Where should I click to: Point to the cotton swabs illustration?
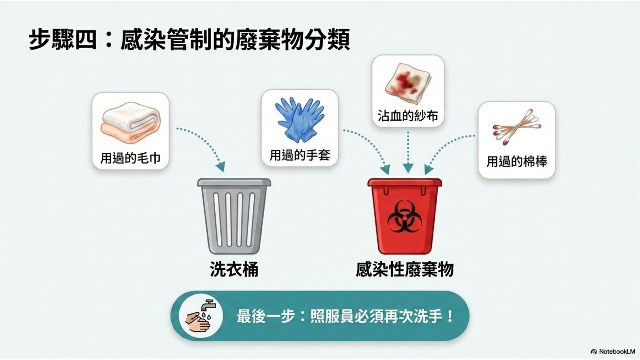[517, 127]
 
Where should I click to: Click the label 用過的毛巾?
[130, 158]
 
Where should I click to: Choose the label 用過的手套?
[300, 155]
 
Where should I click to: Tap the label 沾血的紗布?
[408, 115]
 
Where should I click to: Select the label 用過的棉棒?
[517, 161]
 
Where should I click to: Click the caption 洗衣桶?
[234, 269]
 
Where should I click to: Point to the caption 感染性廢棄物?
[405, 269]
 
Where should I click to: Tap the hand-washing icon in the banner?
[201, 316]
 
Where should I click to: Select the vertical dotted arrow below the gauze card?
[408, 152]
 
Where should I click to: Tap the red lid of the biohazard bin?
[405, 182]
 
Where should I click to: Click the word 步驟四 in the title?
[63, 39]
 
